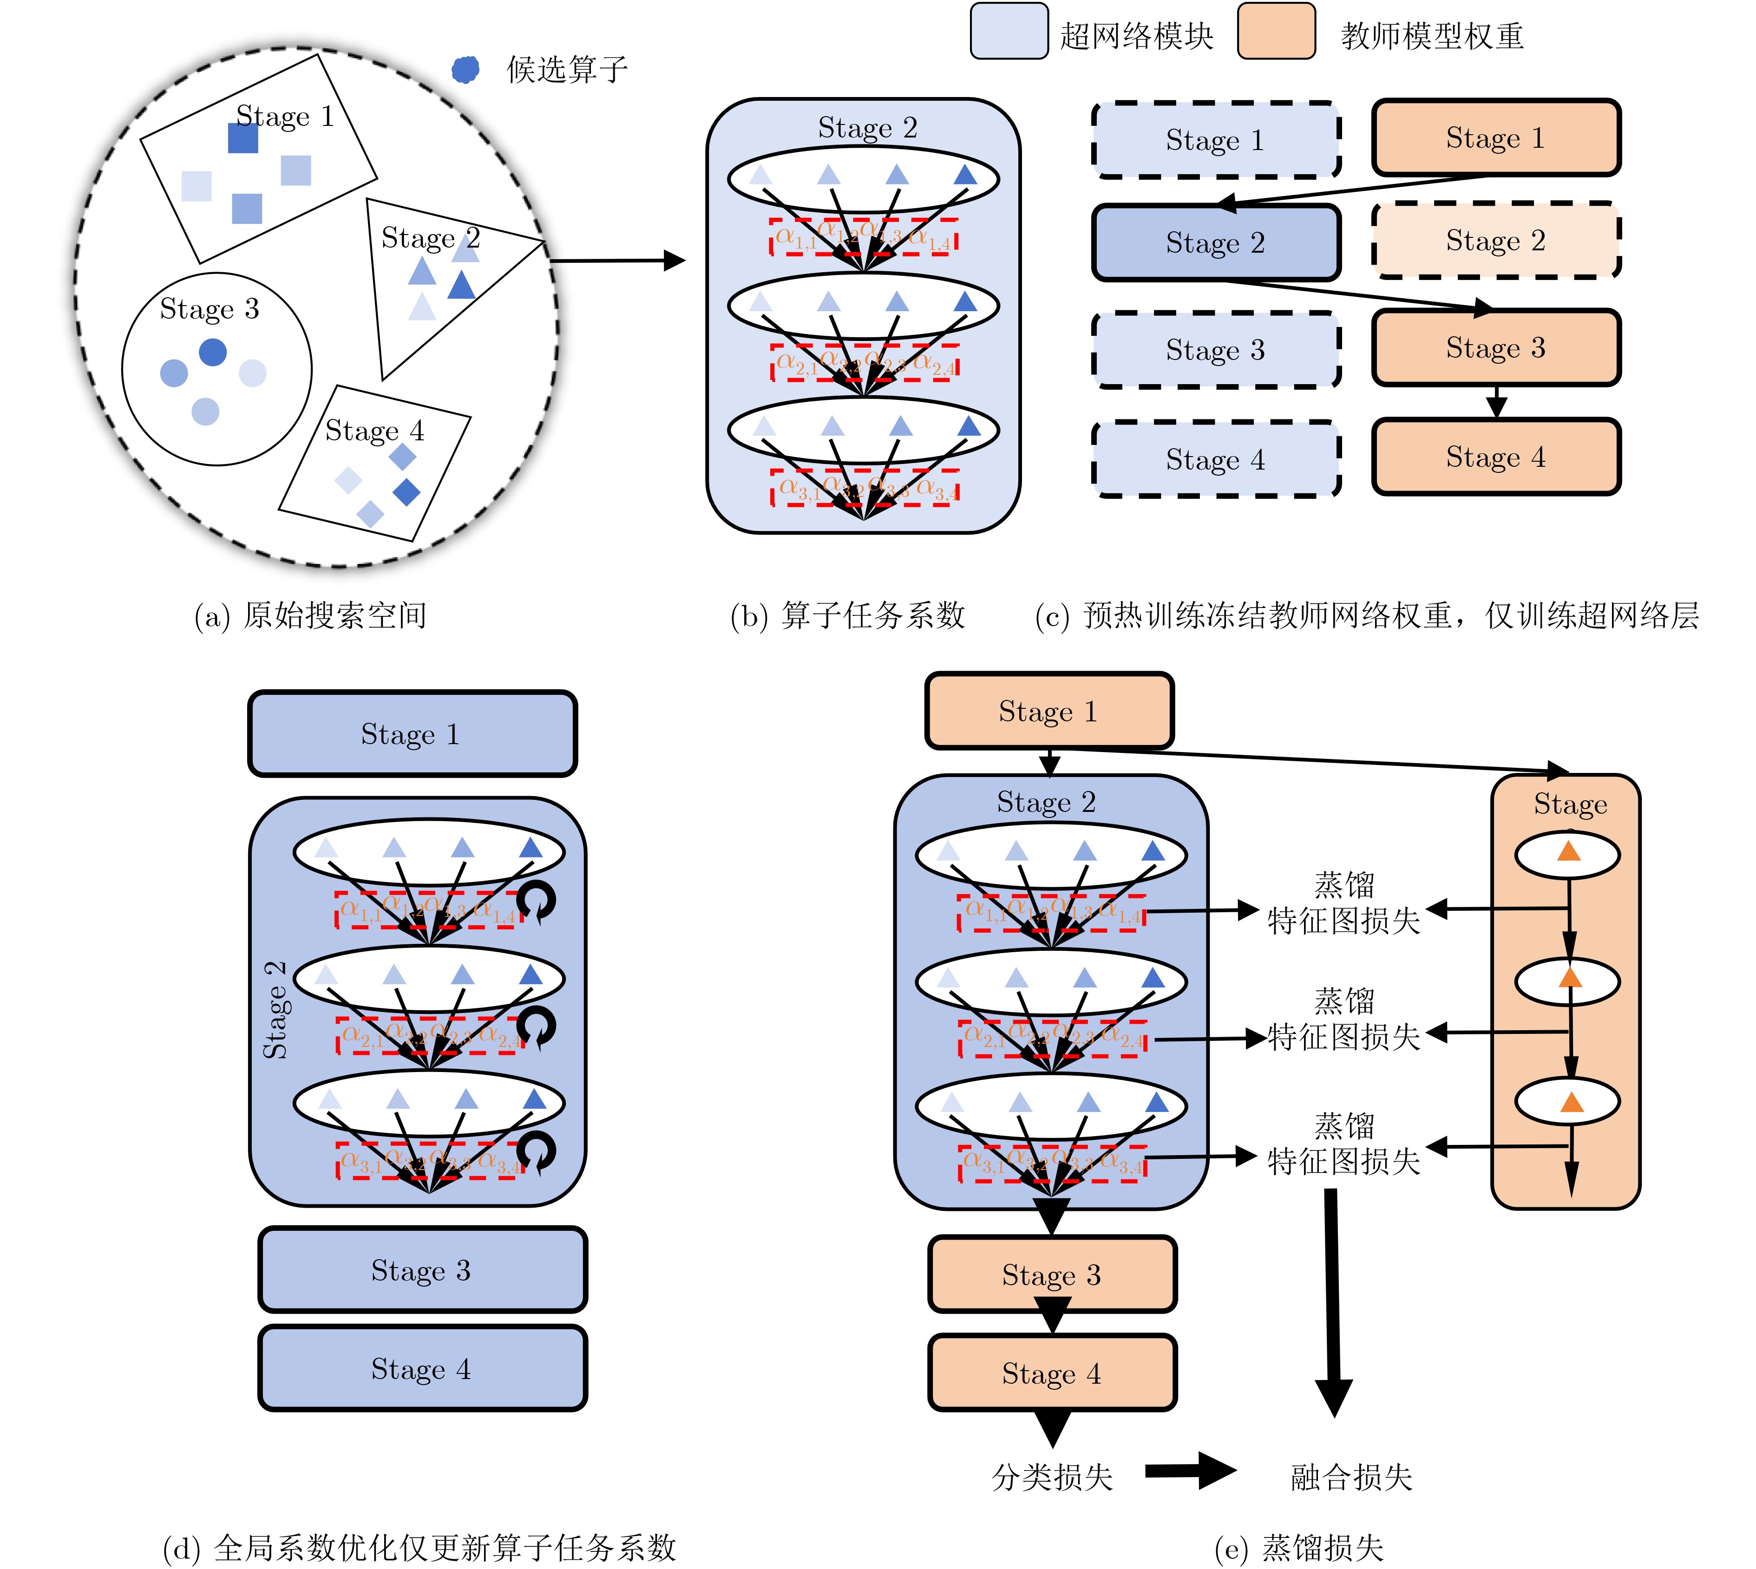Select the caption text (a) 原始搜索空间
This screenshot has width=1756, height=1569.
tap(310, 615)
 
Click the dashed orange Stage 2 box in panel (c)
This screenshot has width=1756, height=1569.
tap(1496, 241)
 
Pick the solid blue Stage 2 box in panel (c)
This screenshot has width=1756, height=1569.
tap(1215, 243)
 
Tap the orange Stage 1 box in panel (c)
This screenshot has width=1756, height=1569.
tap(1496, 138)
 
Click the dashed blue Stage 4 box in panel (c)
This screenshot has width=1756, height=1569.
tap(1215, 459)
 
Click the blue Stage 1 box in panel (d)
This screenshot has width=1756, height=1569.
tap(412, 733)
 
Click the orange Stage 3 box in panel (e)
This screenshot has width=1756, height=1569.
tap(1052, 1274)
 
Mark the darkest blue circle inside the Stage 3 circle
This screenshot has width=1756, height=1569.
tap(213, 352)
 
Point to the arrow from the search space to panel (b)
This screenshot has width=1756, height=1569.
tap(616, 261)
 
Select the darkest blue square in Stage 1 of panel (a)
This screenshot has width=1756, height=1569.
tap(243, 138)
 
